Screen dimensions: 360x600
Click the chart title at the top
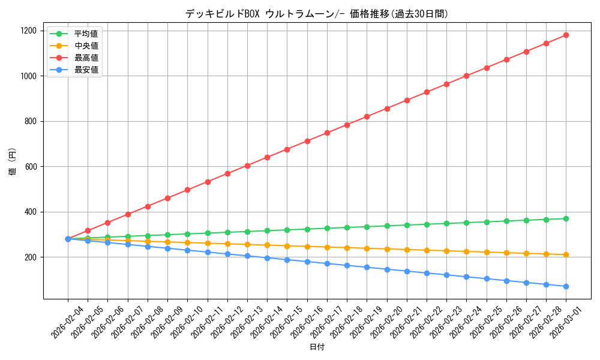316,14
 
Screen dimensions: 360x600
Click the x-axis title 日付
316,347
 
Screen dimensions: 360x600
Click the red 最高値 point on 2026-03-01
566,35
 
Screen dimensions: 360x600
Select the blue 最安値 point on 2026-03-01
566,286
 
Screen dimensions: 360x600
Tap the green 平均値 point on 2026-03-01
566,218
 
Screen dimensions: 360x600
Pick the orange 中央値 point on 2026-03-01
566,254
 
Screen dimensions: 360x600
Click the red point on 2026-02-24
466,76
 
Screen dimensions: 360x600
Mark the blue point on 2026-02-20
387,269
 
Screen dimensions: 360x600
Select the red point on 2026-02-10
187,190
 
